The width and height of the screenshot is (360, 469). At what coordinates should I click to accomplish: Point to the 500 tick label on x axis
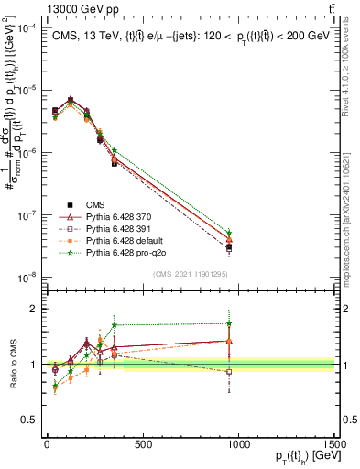142,442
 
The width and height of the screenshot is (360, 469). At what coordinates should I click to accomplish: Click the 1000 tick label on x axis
238,442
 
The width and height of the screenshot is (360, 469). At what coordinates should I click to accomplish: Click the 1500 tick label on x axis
334,442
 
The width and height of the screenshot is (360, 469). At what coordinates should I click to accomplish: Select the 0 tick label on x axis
46,442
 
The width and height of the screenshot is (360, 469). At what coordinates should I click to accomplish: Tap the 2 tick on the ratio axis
34,309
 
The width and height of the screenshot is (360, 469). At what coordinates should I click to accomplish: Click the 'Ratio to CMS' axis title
11,364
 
